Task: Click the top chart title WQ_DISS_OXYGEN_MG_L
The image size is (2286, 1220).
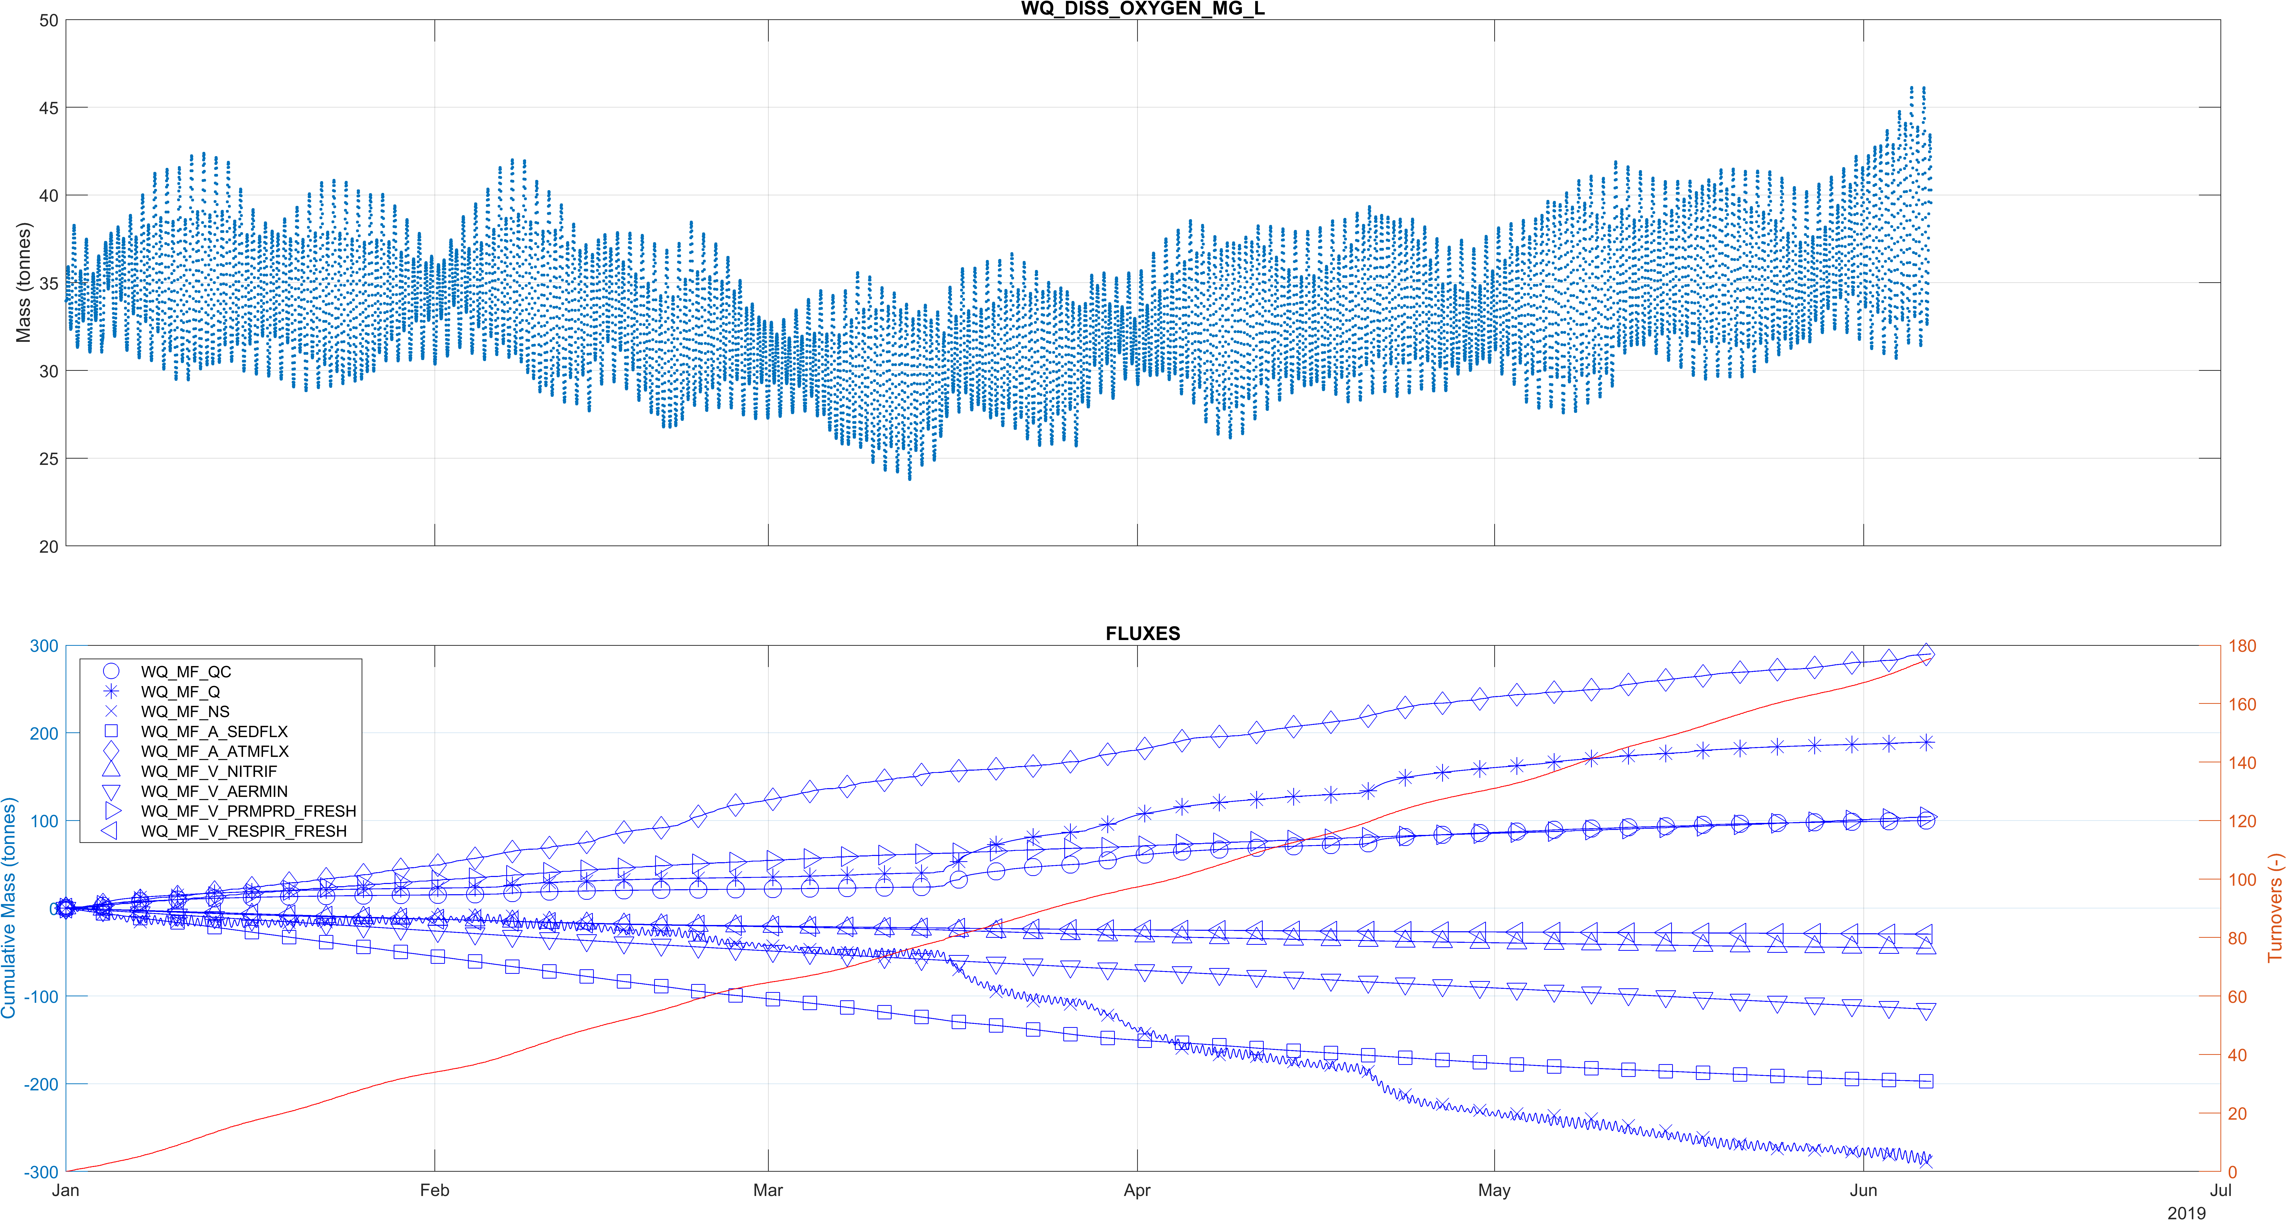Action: (1142, 9)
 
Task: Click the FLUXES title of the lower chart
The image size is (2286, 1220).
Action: (1142, 634)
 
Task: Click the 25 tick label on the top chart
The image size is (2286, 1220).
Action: (49, 459)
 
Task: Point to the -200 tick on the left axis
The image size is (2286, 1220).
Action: (41, 1084)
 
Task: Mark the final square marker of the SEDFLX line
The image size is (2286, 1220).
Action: (1926, 1081)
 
